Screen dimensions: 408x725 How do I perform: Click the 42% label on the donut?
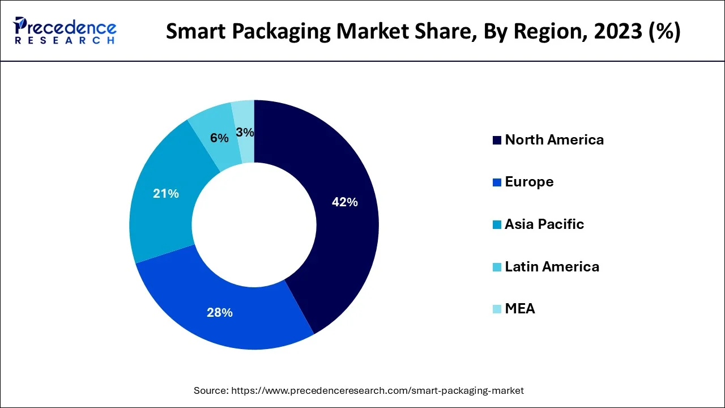pyautogui.click(x=344, y=202)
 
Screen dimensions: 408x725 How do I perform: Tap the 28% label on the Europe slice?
pyautogui.click(x=219, y=312)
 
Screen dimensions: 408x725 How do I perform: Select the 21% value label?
pyautogui.click(x=166, y=194)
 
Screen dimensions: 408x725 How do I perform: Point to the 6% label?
pyautogui.click(x=219, y=138)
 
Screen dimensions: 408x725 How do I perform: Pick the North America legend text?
pyautogui.click(x=554, y=140)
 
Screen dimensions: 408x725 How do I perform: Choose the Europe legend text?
pyautogui.click(x=529, y=182)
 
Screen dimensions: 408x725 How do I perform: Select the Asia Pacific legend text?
pyautogui.click(x=544, y=224)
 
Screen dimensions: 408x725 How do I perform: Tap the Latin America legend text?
pyautogui.click(x=552, y=266)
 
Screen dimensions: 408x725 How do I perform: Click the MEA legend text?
pyautogui.click(x=519, y=309)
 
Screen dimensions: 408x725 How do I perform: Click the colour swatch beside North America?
pyautogui.click(x=497, y=141)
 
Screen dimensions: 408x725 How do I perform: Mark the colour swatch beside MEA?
pyautogui.click(x=497, y=309)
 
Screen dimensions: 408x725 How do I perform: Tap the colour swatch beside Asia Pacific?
pyautogui.click(x=497, y=225)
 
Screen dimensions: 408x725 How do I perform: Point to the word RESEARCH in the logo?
pyautogui.click(x=65, y=40)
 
